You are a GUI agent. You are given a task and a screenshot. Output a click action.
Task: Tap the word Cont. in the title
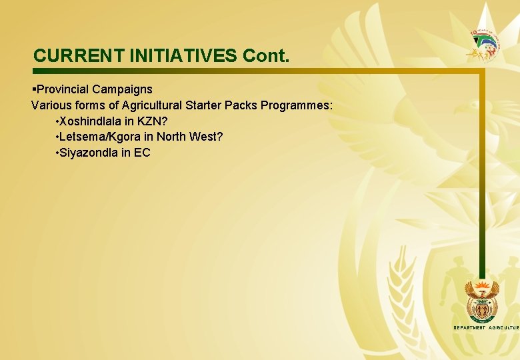[x=267, y=55]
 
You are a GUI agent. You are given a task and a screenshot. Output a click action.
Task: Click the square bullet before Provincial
[x=33, y=89]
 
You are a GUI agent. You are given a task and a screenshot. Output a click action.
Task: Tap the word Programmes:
[x=297, y=105]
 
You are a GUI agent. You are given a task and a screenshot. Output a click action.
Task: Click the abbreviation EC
[x=142, y=153]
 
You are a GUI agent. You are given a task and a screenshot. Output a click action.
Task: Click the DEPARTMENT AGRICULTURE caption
[x=485, y=328]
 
